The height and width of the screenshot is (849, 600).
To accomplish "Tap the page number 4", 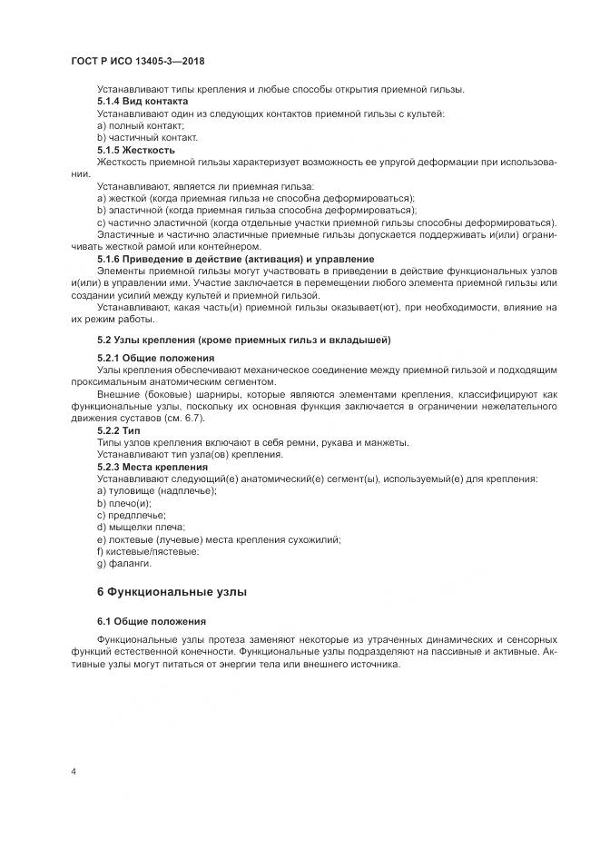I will pos(73,772).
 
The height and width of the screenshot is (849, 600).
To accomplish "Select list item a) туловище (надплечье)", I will pos(156,491).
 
